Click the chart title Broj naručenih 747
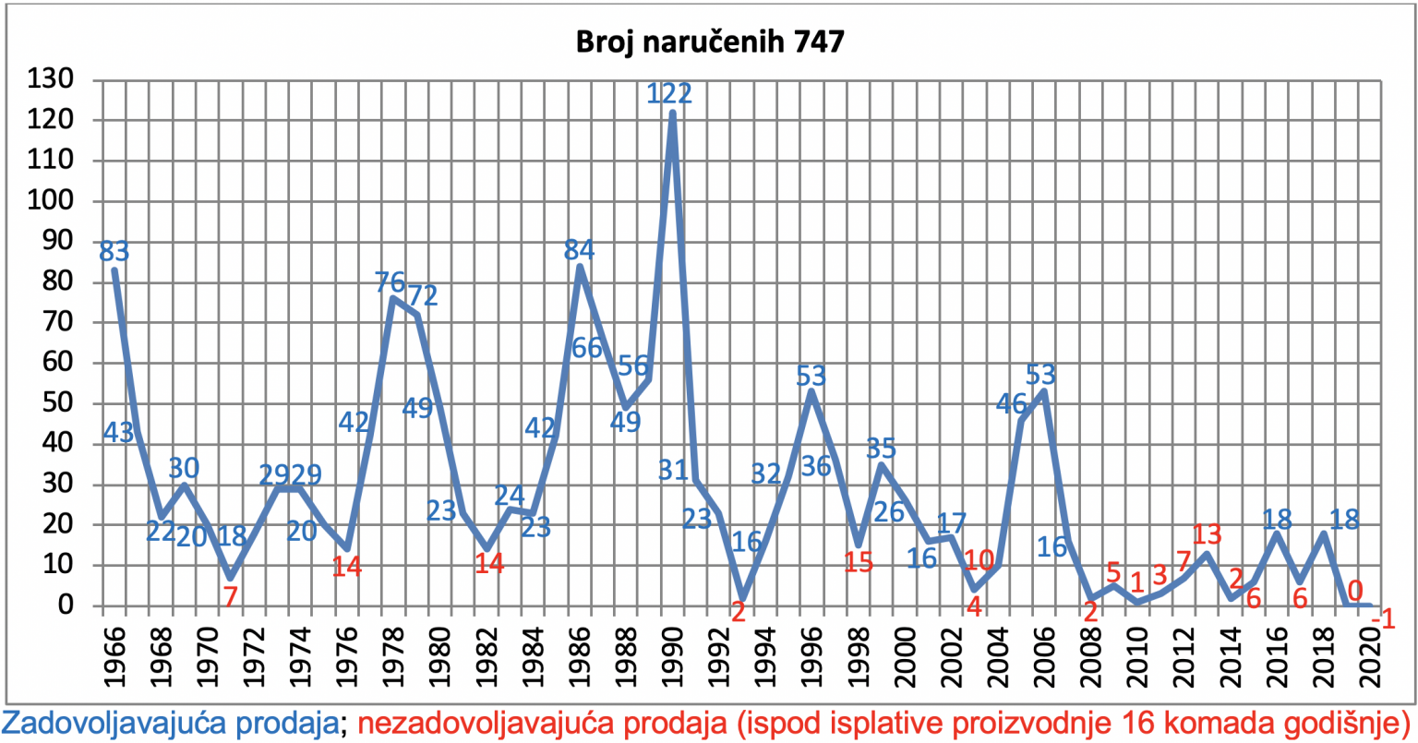710,42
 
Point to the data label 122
669,93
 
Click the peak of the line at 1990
672,113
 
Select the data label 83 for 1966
114,252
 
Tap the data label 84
579,250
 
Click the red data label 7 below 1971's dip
230,596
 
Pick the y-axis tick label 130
51,79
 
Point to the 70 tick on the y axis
58,322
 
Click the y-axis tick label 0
66,605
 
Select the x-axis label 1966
114,657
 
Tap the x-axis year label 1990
672,657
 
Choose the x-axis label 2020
1370,657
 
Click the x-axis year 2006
1044,657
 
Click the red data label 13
1207,534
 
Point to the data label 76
390,282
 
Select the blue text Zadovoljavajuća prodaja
171,724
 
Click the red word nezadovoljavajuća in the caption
480,724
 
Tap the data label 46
1011,403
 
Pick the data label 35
881,449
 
